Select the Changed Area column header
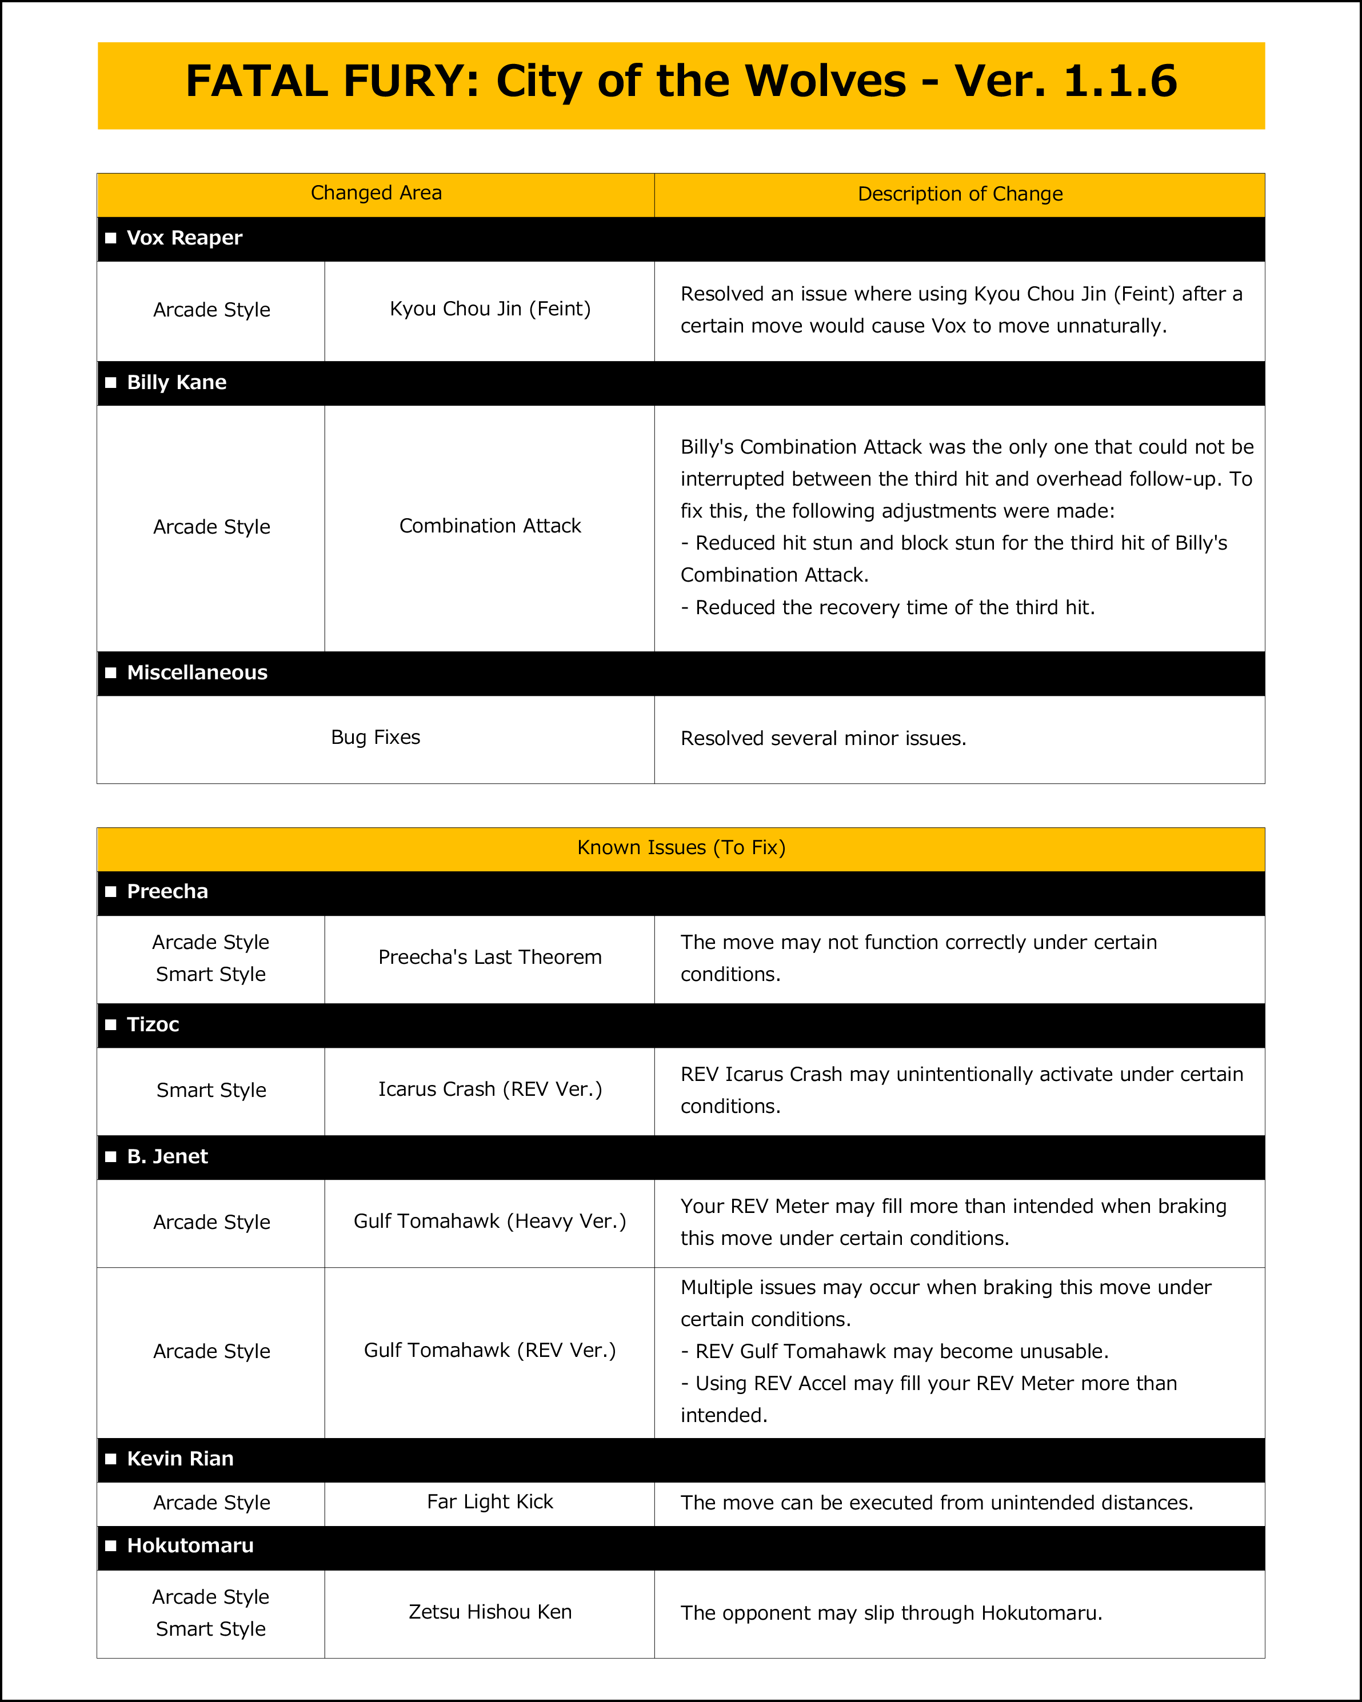(376, 194)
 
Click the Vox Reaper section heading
(184, 238)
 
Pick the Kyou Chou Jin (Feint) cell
(489, 310)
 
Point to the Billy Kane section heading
(176, 383)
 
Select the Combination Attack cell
(489, 527)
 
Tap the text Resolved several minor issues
(822, 739)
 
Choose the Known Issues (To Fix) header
(681, 848)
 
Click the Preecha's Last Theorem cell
(489, 958)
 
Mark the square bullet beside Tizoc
(110, 1024)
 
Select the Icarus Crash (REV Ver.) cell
(489, 1090)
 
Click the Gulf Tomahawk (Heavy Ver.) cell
(489, 1222)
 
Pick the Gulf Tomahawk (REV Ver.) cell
(489, 1351)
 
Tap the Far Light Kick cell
(489, 1501)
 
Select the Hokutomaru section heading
(190, 1545)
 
